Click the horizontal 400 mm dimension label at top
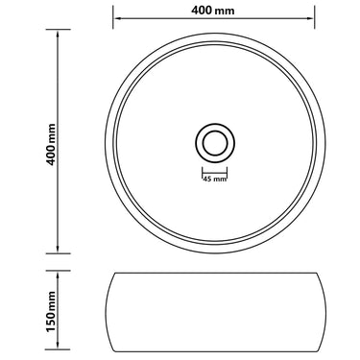click(x=213, y=11)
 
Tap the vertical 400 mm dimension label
click(x=51, y=144)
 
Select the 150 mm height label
click(x=51, y=311)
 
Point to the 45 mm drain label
click(x=214, y=180)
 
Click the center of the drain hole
click(x=215, y=143)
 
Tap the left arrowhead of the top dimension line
click(x=117, y=18)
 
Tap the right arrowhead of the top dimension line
click(x=310, y=18)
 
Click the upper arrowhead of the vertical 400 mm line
click(x=58, y=34)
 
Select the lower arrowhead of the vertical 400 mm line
click(x=58, y=249)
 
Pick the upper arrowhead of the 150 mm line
click(x=58, y=275)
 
